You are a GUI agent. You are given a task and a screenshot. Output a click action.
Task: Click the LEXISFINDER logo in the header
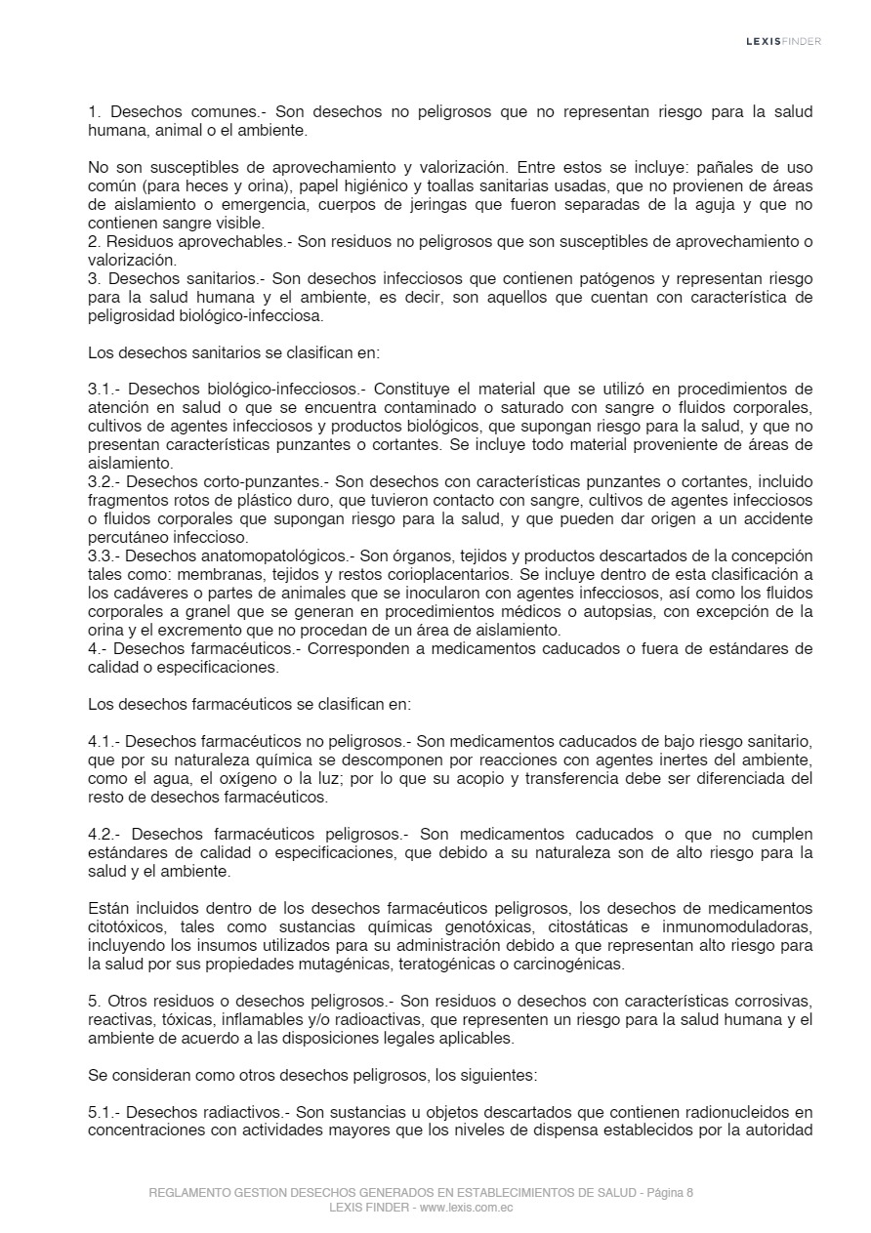pyautogui.click(x=783, y=41)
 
